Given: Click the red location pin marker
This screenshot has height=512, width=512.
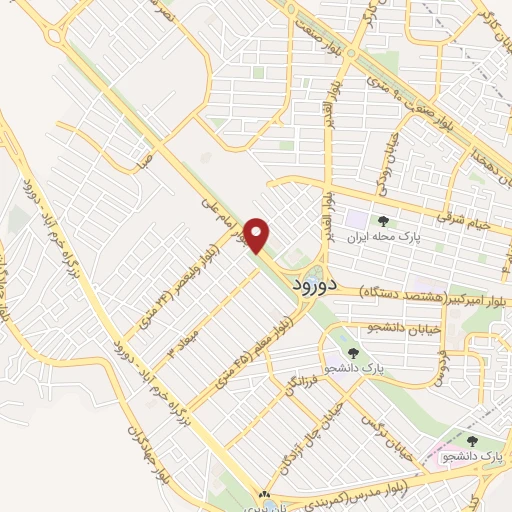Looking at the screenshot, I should click(259, 235).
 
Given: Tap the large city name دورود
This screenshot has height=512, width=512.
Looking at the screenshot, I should click(314, 284).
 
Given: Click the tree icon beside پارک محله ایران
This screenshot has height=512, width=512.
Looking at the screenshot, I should click(381, 220).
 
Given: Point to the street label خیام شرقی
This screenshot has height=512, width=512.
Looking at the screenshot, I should click(461, 220).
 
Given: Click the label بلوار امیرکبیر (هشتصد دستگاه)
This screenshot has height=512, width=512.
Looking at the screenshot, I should click(411, 289).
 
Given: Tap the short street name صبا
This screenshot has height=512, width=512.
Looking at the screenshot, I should click(145, 157).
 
